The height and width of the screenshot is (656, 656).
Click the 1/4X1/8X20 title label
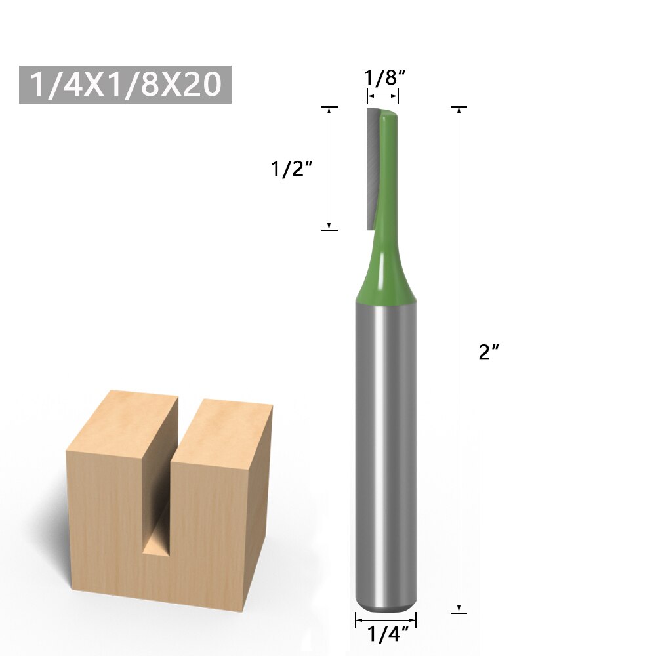tap(125, 85)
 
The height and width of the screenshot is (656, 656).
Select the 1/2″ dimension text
tap(290, 169)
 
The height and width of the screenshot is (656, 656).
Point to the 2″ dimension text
tap(489, 353)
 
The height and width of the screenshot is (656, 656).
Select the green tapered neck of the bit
tap(386, 276)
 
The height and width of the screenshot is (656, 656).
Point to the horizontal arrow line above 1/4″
tap(386, 619)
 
